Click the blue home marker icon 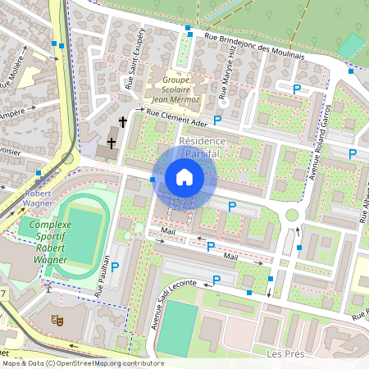coord(184,177)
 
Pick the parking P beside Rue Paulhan coord(115,266)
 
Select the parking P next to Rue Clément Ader coord(217,121)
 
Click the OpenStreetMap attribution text coord(82,363)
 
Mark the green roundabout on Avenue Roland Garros coord(292,216)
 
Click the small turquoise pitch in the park coord(353,45)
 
